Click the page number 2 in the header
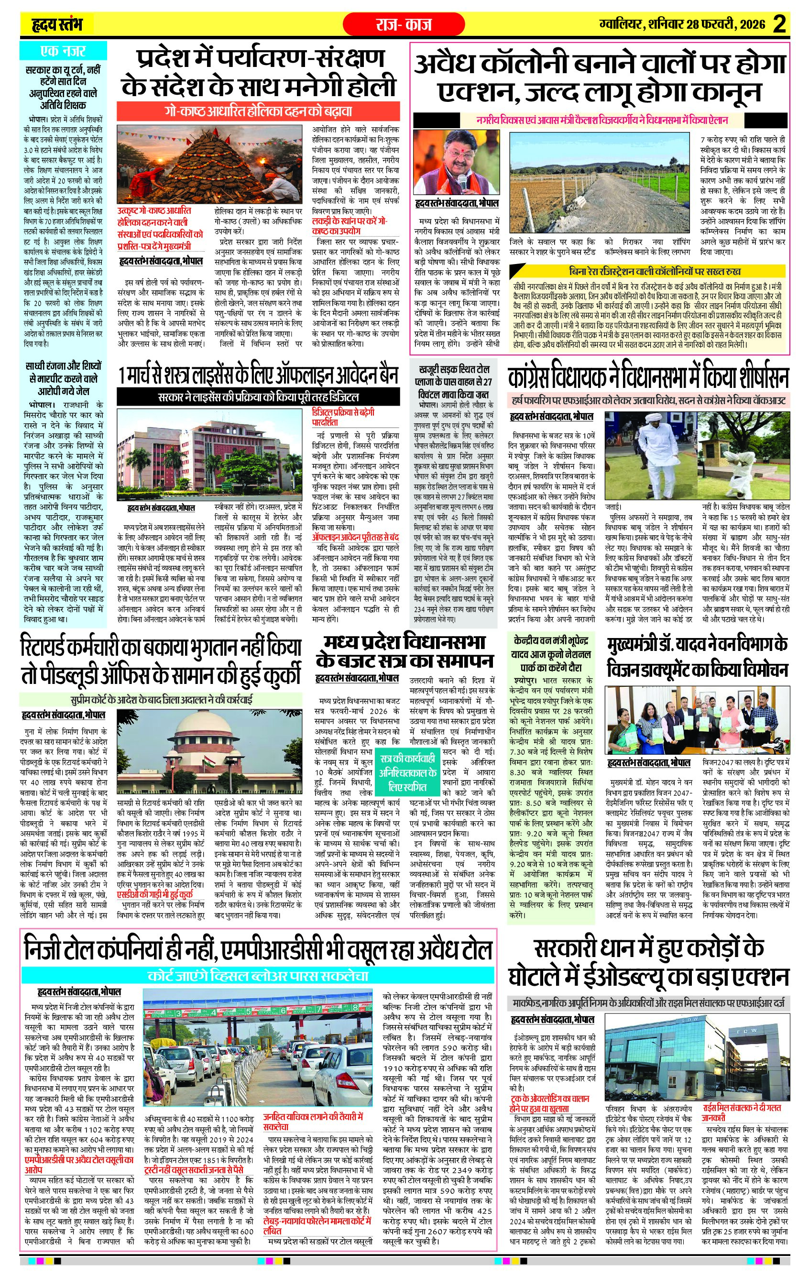point(779,25)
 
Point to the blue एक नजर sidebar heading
point(63,52)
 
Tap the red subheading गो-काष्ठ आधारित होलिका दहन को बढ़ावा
point(258,112)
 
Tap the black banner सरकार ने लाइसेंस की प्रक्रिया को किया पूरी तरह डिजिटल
point(258,396)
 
